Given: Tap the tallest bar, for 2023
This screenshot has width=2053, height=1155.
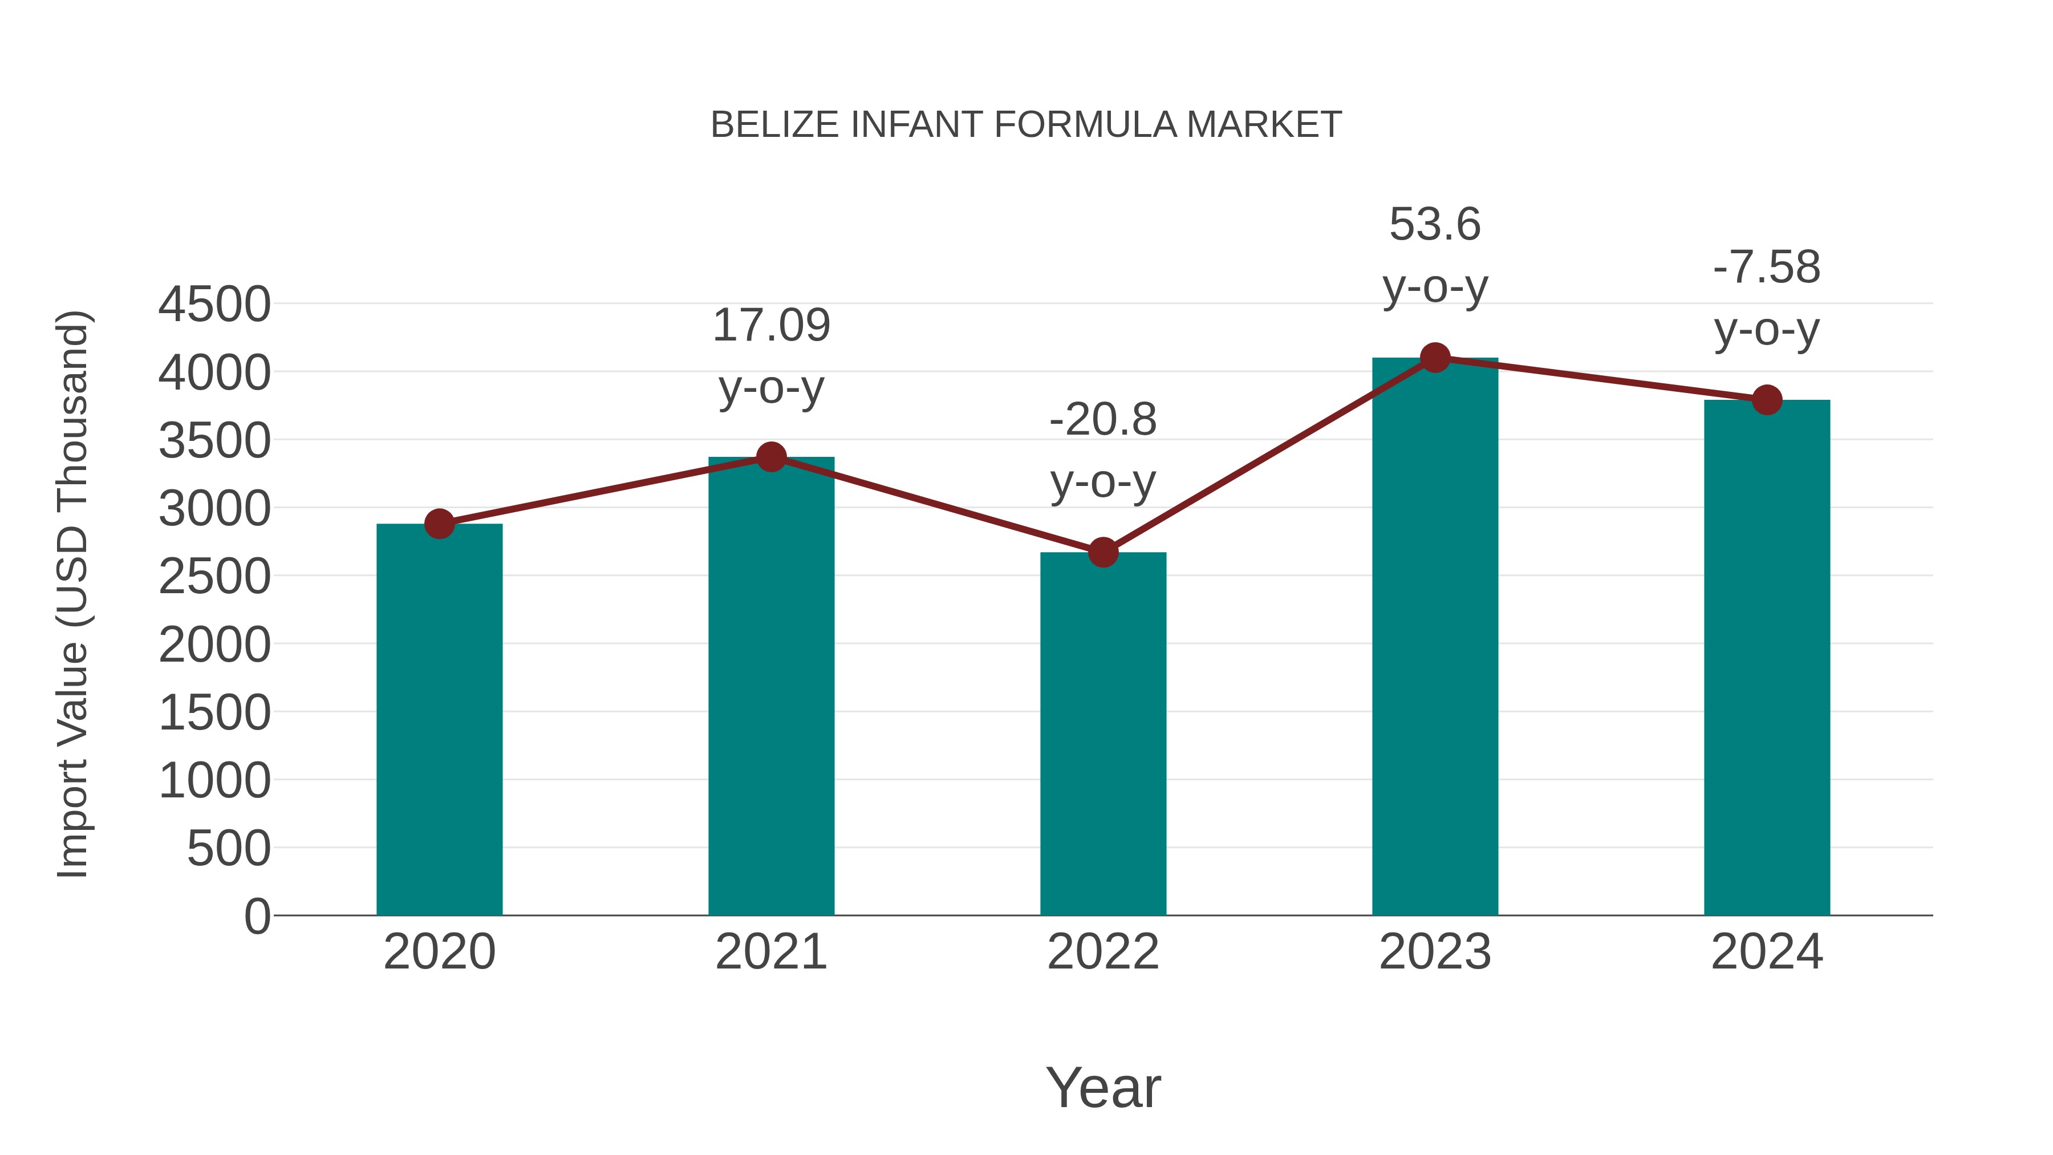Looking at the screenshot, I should [x=1435, y=638].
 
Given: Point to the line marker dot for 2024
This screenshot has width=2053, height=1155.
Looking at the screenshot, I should [x=1767, y=400].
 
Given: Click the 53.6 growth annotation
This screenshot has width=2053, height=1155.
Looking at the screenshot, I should [x=1435, y=225].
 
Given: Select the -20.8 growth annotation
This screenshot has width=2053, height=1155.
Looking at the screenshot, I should [x=1103, y=420].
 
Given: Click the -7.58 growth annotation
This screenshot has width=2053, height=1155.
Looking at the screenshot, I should [x=1767, y=268].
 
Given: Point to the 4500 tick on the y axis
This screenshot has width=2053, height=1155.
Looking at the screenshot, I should [x=214, y=305].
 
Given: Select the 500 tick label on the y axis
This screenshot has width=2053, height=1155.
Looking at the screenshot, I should [x=229, y=848].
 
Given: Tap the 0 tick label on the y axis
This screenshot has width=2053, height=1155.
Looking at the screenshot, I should [x=257, y=916].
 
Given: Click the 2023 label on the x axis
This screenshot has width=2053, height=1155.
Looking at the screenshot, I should [x=1435, y=952].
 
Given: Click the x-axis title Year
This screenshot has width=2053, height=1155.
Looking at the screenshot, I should [x=1103, y=1088].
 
